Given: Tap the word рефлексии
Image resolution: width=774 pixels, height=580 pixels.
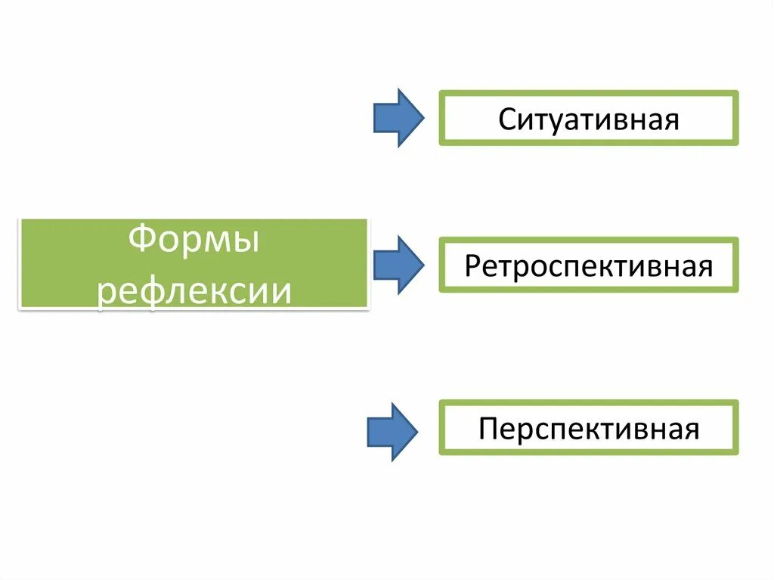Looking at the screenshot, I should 194,290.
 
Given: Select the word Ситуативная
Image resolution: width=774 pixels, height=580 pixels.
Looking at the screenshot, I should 588,119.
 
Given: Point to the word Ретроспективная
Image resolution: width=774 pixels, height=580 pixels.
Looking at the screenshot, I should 589,265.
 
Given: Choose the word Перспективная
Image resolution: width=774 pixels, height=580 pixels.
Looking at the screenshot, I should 589,430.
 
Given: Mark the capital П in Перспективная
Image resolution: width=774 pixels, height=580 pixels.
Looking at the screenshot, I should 488,430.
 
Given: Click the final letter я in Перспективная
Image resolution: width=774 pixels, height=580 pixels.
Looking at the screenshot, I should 691,430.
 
